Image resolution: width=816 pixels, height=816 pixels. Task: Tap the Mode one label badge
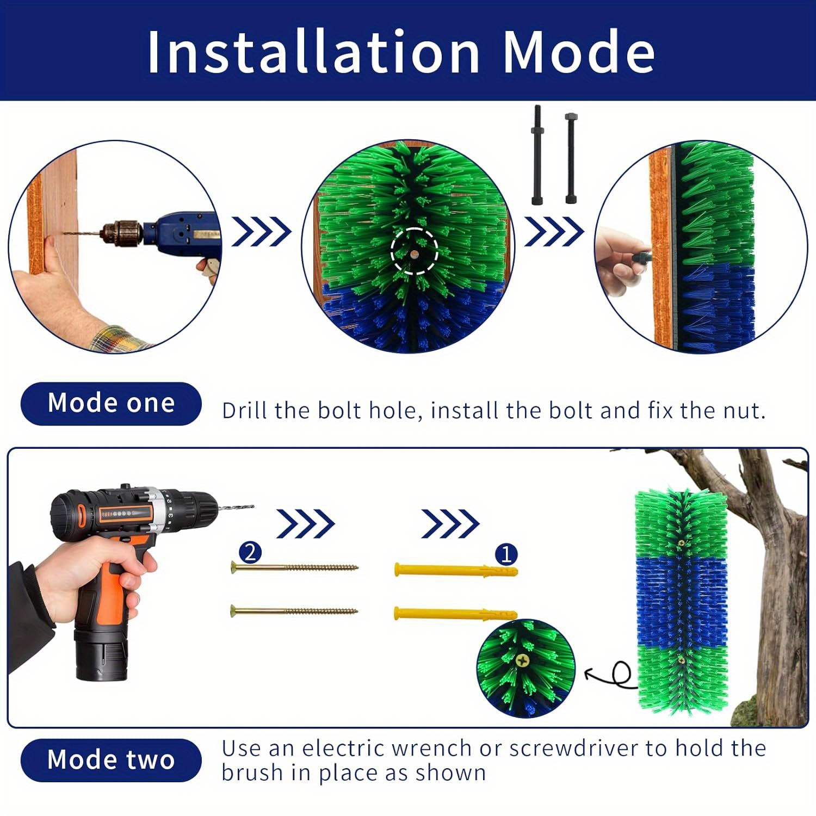111,404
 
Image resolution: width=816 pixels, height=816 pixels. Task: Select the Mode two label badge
111,760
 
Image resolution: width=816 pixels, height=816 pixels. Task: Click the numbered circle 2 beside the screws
250,553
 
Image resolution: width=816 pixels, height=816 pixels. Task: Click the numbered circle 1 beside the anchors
506,554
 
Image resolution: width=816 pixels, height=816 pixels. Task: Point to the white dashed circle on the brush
414,251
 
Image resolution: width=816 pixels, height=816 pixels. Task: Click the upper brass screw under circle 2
294,568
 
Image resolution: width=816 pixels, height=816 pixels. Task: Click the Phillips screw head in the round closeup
523,661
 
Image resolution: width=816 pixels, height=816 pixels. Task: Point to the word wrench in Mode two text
432,749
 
